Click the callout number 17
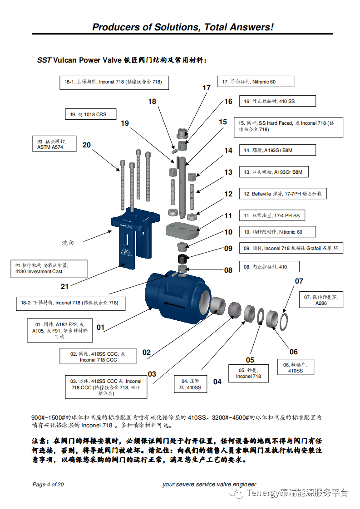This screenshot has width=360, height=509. click(207, 88)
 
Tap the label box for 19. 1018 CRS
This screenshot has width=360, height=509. click(90, 114)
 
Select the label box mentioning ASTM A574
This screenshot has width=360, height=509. click(53, 144)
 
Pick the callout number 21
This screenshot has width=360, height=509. click(65, 286)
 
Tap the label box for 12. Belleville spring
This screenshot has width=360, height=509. click(283, 194)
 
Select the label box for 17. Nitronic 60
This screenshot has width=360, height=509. click(256, 82)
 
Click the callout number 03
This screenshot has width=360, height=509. click(152, 374)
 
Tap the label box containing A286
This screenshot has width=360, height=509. click(321, 300)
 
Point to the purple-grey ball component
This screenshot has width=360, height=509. click(236, 310)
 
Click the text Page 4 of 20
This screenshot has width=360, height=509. click(48, 485)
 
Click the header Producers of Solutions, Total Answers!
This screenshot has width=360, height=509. click(182, 27)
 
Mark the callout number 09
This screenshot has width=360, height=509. click(228, 248)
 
